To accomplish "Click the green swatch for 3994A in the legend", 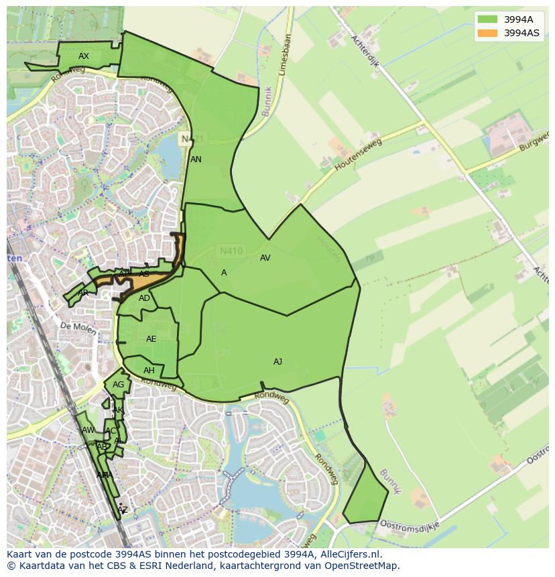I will pos(487,19).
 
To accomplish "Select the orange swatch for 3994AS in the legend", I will pos(487,33).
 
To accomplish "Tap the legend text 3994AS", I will pos(521,33).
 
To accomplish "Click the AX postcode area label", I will pos(84,56).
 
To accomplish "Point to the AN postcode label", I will pos(196,159).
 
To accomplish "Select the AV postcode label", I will pos(265,258).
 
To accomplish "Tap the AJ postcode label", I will pos(277,362).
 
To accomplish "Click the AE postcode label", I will pos(151,339).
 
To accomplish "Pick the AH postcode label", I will pos(149,371).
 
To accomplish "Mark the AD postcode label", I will pos(144,298).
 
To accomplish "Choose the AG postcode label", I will pos(118,385).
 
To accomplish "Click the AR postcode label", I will pos(83,293).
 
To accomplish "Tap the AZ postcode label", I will pos(122,510).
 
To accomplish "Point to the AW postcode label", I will pos(88,430).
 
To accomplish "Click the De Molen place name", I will pos(74,326).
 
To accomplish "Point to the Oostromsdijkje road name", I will pos(409,524).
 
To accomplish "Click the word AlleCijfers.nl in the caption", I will pos(348,555).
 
